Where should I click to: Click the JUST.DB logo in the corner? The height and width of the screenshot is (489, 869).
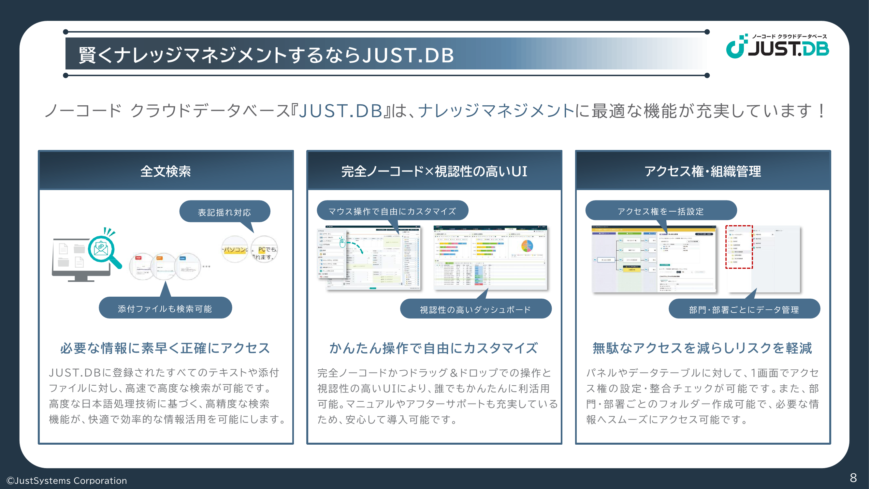tap(777, 46)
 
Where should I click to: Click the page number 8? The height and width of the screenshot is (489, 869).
tap(853, 478)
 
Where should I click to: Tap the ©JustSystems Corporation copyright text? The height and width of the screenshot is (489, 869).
tap(67, 480)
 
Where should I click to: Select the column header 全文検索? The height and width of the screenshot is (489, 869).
tap(166, 171)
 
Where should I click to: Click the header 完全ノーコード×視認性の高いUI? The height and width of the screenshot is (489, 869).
tap(434, 171)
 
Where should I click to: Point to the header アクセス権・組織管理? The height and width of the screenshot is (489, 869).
tap(702, 171)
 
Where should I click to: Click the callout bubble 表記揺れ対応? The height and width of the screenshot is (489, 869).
tap(224, 212)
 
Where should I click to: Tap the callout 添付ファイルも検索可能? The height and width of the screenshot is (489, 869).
tap(165, 308)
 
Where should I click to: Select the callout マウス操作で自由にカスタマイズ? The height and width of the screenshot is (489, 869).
tap(392, 211)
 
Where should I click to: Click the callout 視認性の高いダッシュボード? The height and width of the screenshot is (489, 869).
tap(475, 309)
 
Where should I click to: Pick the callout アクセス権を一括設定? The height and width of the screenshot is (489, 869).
tap(660, 211)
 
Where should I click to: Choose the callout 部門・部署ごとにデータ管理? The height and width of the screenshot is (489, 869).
tap(744, 309)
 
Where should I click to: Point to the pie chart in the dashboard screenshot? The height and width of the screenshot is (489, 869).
tap(527, 246)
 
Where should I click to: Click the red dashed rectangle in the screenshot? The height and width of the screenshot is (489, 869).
tap(739, 247)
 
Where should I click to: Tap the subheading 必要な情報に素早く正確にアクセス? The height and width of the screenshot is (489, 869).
tap(165, 348)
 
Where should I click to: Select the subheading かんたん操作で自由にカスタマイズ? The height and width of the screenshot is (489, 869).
tap(434, 348)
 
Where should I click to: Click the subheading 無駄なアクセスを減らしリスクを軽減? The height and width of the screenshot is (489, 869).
tap(702, 348)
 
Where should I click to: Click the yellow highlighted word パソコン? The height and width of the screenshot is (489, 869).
tap(235, 250)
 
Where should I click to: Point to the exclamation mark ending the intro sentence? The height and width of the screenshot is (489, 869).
tap(821, 111)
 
